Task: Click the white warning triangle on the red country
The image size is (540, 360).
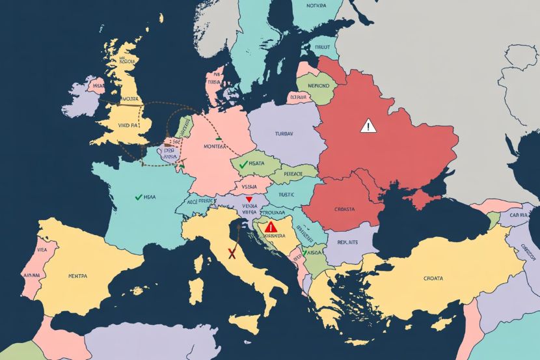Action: click(368, 126)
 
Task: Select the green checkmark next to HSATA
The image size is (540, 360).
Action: click(243, 165)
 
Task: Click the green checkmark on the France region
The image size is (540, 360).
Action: click(138, 196)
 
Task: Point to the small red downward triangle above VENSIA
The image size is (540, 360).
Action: click(249, 199)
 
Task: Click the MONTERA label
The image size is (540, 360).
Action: click(218, 147)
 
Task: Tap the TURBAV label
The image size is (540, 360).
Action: click(282, 134)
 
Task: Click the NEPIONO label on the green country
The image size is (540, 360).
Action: click(317, 85)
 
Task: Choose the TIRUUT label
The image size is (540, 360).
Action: click(321, 48)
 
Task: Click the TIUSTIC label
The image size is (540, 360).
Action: click(286, 193)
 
